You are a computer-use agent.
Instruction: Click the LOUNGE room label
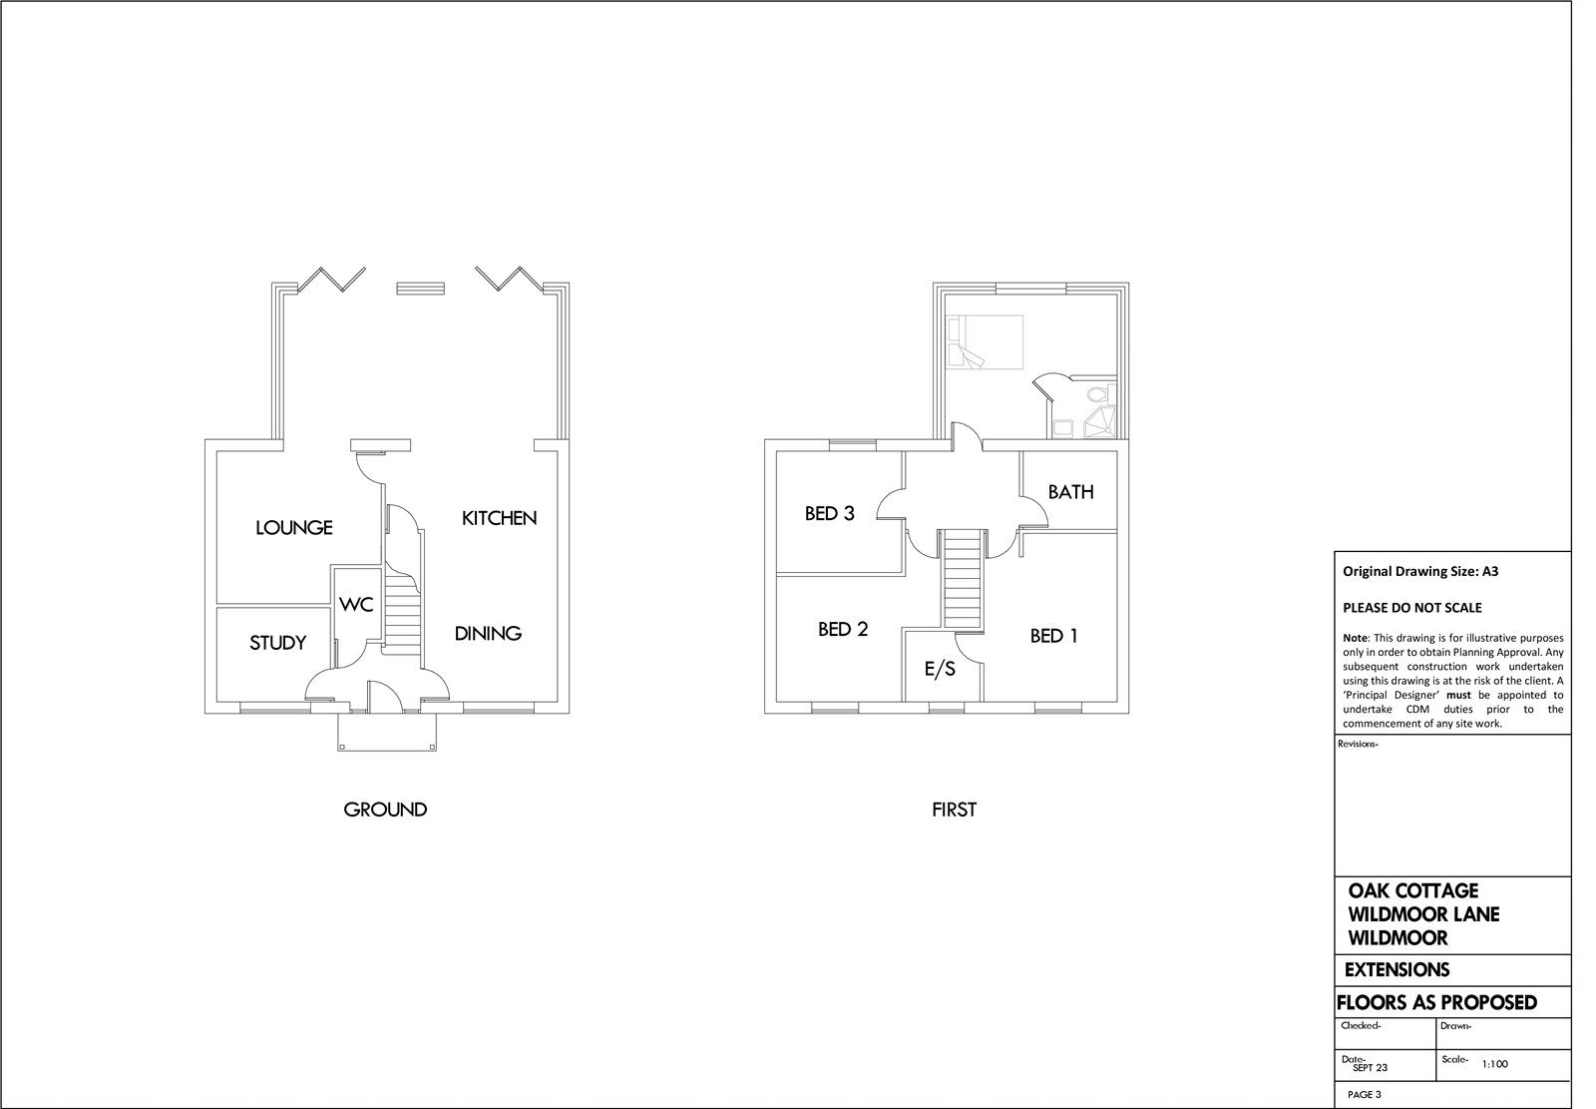(294, 528)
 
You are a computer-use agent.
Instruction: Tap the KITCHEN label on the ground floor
(499, 518)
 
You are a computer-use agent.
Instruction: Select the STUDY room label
(278, 643)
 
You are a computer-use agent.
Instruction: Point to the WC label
(356, 605)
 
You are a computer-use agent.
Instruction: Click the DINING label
(488, 633)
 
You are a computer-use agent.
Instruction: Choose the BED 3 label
(829, 513)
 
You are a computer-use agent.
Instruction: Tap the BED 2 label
(843, 629)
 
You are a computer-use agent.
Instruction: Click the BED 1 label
(1053, 636)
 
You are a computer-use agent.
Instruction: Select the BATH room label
(1071, 492)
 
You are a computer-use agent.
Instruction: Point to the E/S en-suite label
(940, 668)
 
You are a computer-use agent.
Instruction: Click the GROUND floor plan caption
(385, 810)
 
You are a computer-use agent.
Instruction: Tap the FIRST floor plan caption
(954, 810)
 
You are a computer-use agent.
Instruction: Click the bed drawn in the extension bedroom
(985, 342)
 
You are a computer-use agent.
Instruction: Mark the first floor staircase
(962, 579)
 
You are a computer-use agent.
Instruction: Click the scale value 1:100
(1495, 1064)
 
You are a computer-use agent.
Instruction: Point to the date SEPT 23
(1371, 1068)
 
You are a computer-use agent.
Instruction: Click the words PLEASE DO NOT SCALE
(1412, 608)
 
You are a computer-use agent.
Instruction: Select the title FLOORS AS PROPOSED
(1436, 1003)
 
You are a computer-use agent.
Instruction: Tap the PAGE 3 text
(1365, 1095)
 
